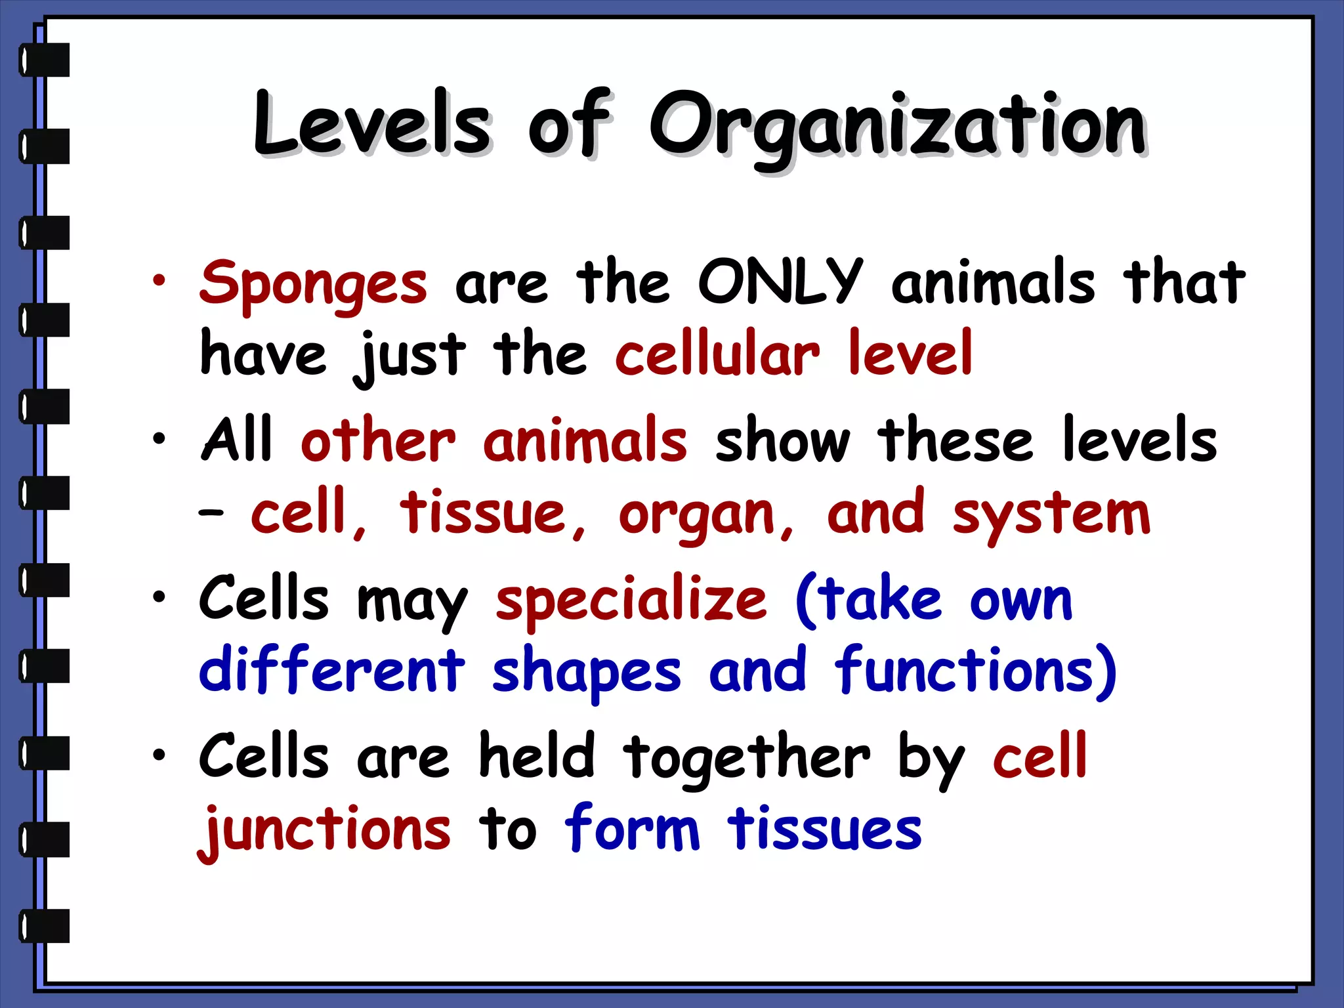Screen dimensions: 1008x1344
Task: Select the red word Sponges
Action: point(314,284)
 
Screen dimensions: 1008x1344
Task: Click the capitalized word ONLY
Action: point(780,282)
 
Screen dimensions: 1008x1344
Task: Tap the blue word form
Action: point(632,829)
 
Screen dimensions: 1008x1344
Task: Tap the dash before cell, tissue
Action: point(211,513)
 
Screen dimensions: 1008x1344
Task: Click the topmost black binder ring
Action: point(45,60)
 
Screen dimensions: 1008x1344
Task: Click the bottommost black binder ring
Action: point(45,925)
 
